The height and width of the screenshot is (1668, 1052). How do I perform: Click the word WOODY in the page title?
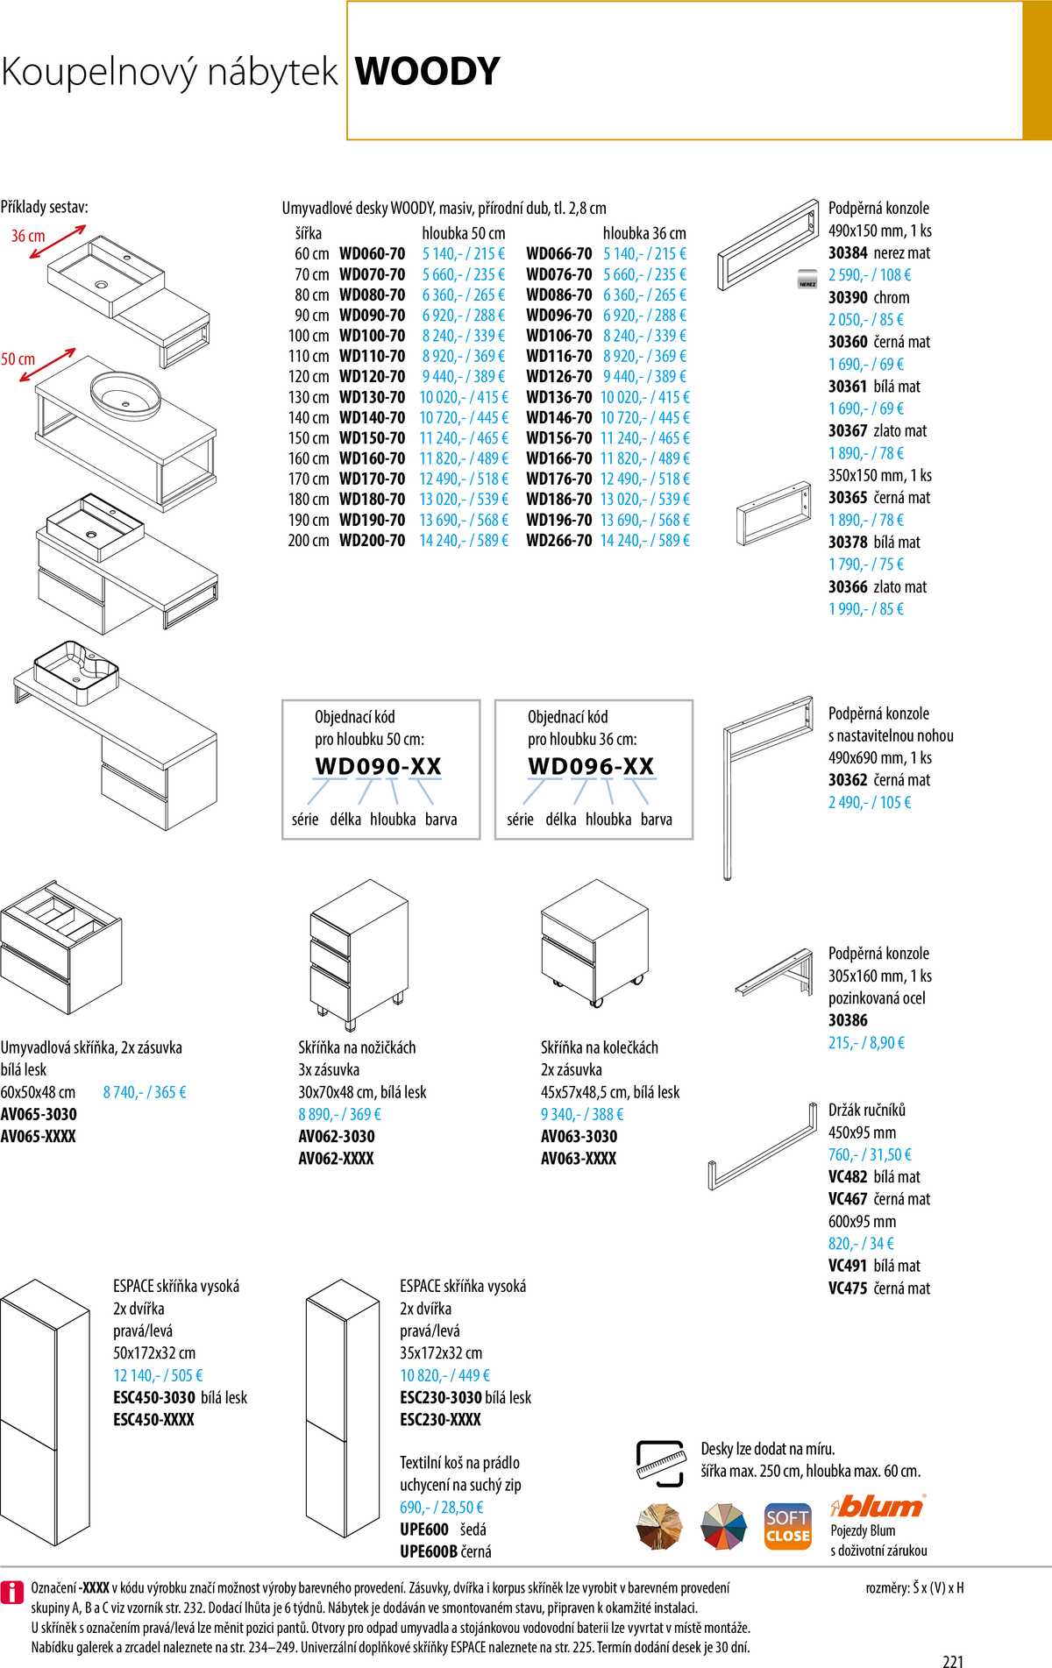pyautogui.click(x=427, y=72)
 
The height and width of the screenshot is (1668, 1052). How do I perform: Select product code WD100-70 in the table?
pyautogui.click(x=372, y=336)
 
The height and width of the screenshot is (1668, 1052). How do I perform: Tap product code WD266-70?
pyautogui.click(x=558, y=541)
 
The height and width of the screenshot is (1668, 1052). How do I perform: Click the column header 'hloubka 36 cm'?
pyautogui.click(x=644, y=233)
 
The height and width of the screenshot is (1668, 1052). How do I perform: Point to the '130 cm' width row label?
pyautogui.click(x=309, y=397)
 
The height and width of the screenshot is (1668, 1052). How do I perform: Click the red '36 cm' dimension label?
pyautogui.click(x=28, y=236)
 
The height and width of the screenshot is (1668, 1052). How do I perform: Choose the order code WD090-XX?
pyautogui.click(x=378, y=766)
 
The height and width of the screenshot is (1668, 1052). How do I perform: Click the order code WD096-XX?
pyautogui.click(x=591, y=766)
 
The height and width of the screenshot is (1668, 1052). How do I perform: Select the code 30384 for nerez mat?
pyautogui.click(x=848, y=253)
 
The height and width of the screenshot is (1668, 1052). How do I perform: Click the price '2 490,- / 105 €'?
pyautogui.click(x=870, y=802)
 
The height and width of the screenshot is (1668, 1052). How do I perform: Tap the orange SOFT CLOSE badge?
pyautogui.click(x=787, y=1528)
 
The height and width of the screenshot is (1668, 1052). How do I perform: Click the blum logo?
pyautogui.click(x=878, y=1507)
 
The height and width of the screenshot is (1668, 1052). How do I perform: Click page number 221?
pyautogui.click(x=953, y=1660)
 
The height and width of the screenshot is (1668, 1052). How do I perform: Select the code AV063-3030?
pyautogui.click(x=579, y=1137)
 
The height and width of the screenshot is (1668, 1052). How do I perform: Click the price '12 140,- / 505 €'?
pyautogui.click(x=158, y=1375)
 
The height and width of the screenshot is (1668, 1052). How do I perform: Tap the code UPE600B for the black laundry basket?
pyautogui.click(x=429, y=1551)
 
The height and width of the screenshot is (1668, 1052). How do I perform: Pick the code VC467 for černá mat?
pyautogui.click(x=848, y=1199)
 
